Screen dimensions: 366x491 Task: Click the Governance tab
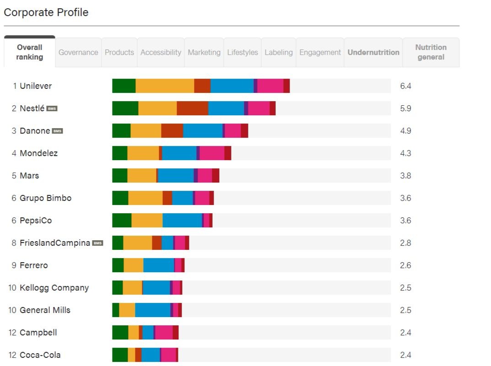(x=78, y=52)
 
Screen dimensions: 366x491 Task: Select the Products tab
(x=119, y=52)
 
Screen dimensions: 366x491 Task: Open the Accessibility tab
(x=161, y=52)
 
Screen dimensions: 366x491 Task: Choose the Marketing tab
(x=204, y=52)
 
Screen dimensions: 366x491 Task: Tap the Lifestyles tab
(x=243, y=52)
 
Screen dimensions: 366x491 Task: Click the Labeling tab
(x=278, y=52)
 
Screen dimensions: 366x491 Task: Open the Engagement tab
(x=320, y=52)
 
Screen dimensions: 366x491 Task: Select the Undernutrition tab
(x=373, y=52)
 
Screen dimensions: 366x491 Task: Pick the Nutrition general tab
(x=431, y=52)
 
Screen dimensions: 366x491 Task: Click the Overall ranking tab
(x=30, y=52)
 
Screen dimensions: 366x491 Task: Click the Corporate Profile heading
(x=46, y=12)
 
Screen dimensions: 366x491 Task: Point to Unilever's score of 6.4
(x=405, y=86)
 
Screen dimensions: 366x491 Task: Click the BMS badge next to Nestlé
(x=52, y=108)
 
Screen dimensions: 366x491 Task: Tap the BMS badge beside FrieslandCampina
(x=97, y=243)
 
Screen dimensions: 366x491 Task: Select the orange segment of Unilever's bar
(x=165, y=86)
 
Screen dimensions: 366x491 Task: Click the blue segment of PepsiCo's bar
(x=182, y=221)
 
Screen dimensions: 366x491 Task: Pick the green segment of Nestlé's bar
(x=125, y=108)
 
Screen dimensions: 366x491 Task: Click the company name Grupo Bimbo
(x=45, y=198)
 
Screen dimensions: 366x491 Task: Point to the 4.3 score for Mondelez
(x=405, y=153)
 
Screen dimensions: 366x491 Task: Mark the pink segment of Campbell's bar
(x=164, y=333)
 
